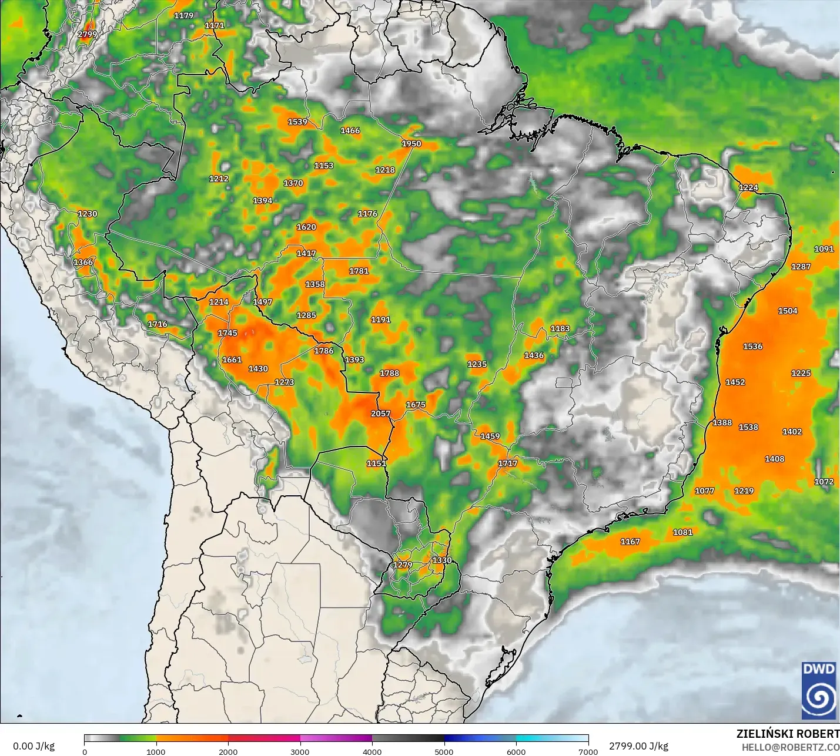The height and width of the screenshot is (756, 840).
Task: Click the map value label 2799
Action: (88, 34)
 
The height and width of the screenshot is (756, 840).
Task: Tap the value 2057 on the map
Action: (380, 414)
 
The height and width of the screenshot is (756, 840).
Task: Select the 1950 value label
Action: (411, 143)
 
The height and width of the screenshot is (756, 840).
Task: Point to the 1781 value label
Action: (359, 271)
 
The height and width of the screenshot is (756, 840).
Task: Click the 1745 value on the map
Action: (227, 333)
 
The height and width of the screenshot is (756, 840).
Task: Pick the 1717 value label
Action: (507, 463)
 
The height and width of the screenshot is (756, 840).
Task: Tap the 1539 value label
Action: (297, 122)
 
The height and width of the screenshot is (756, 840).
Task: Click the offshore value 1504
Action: (788, 311)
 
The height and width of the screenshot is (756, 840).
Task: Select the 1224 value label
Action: (748, 187)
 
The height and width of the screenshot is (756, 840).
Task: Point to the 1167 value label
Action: (630, 542)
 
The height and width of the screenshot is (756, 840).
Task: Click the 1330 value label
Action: (442, 560)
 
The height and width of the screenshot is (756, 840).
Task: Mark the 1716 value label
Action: (158, 324)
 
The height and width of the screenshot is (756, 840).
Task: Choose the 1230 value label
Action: (88, 214)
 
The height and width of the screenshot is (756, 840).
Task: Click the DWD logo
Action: (819, 690)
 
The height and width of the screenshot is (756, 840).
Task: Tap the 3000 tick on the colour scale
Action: (300, 751)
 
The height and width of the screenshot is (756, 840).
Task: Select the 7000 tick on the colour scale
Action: (588, 751)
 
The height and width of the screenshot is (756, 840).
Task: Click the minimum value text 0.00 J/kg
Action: (34, 746)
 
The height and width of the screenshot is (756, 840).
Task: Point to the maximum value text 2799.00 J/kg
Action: (638, 746)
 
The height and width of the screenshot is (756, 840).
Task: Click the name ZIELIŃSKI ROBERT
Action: (788, 734)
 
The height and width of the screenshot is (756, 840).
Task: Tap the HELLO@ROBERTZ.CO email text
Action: (790, 747)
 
